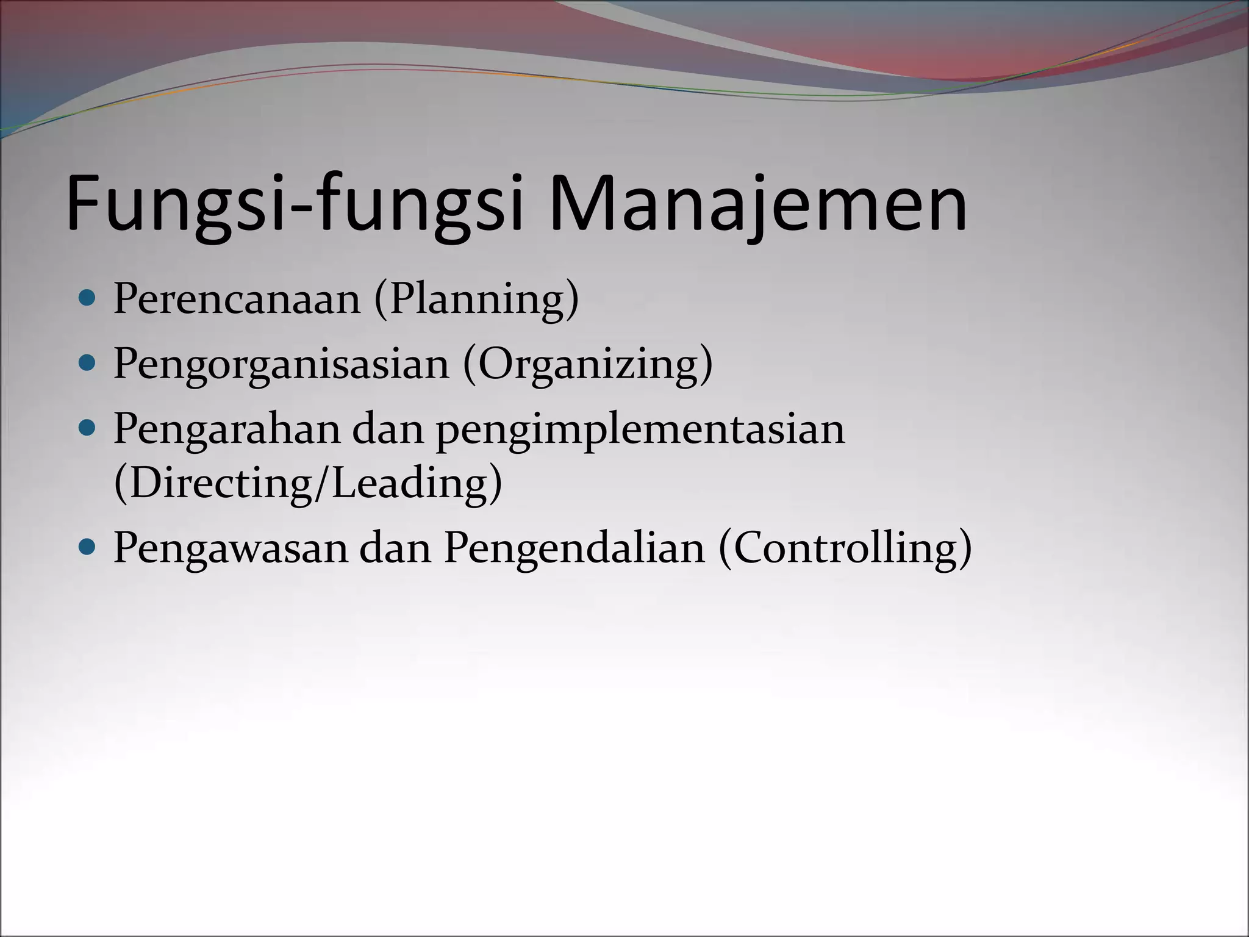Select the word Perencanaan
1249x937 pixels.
coord(237,299)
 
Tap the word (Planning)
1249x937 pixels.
coord(476,299)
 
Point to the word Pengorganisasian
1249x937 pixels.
coord(281,364)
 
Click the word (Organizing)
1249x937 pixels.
coord(588,364)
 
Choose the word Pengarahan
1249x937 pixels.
coord(226,429)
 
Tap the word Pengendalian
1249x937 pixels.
coord(574,547)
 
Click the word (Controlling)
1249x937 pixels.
coord(845,547)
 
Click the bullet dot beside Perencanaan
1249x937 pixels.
coord(88,298)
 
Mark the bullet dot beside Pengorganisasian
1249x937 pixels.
coord(88,364)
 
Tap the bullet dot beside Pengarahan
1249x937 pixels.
coord(88,428)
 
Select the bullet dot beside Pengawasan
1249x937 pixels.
coord(88,547)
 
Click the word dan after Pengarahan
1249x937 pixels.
coord(388,429)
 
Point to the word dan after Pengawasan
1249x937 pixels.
coord(395,547)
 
